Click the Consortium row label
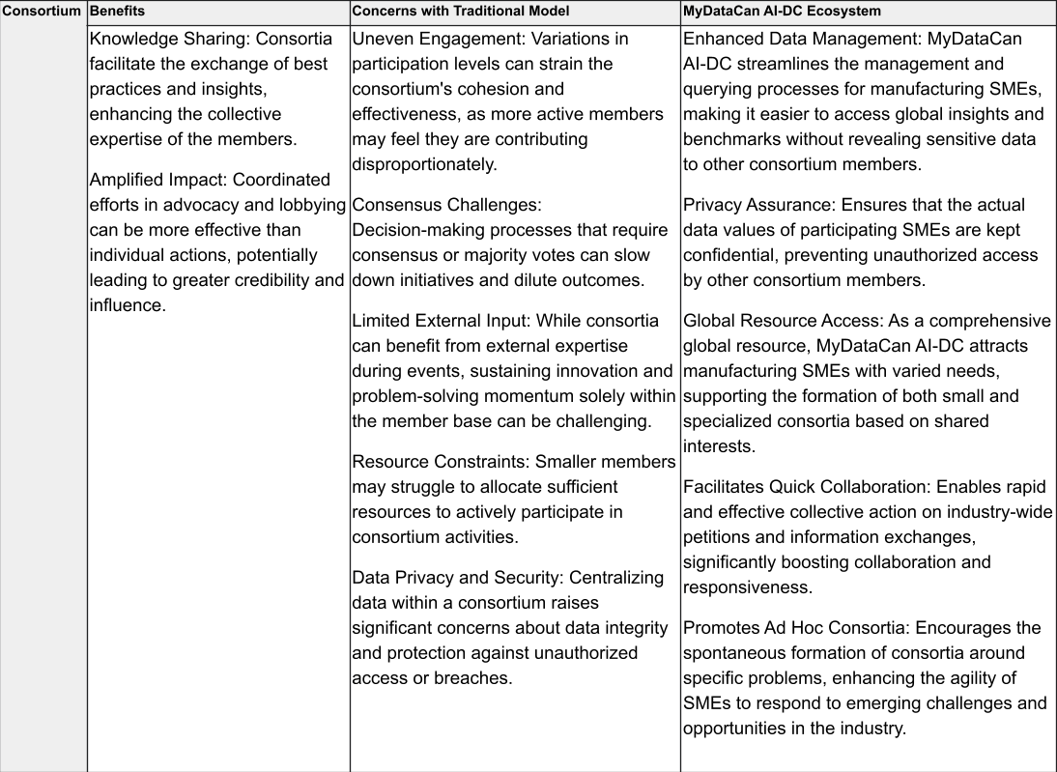coord(43,13)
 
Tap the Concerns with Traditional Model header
coord(460,13)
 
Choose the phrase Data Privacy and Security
coord(456,578)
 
